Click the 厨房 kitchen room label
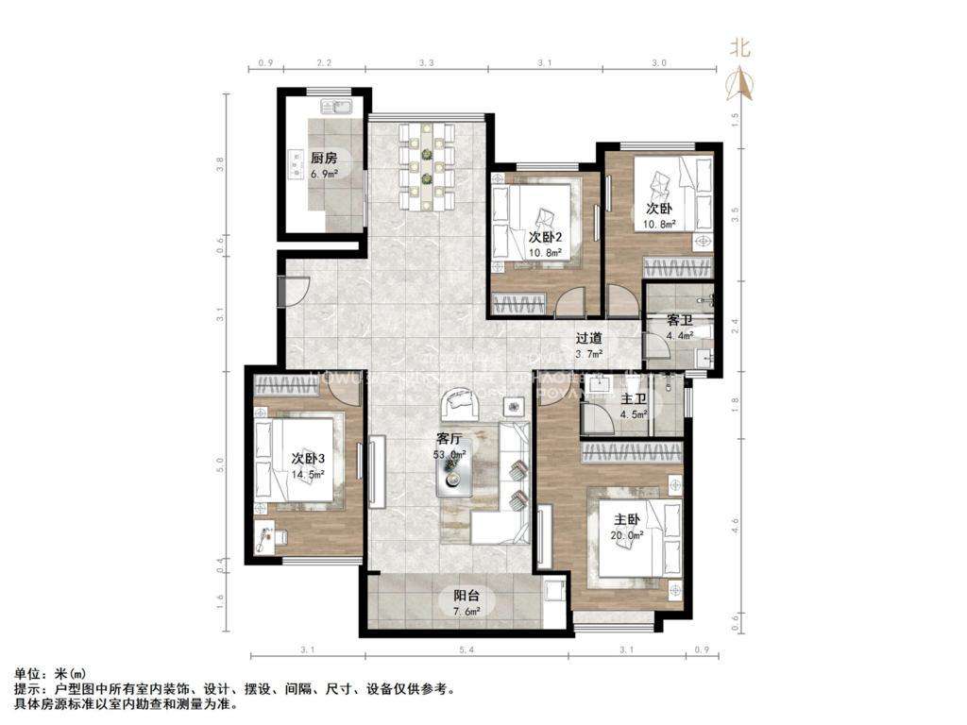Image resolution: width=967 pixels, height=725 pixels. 324,159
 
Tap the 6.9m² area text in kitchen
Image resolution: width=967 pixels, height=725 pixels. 324,174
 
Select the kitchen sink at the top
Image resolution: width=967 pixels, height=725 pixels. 335,106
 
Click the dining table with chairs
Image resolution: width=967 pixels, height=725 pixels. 428,167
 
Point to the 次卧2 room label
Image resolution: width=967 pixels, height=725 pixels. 546,237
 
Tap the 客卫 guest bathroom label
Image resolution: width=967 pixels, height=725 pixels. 680,321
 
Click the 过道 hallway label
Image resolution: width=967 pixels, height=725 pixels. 590,338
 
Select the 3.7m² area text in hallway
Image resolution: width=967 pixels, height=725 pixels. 590,354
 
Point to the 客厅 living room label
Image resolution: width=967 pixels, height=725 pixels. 450,439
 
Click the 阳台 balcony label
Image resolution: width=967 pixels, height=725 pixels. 467,596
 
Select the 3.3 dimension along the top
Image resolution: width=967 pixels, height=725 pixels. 426,63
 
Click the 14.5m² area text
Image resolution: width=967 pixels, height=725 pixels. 308,475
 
